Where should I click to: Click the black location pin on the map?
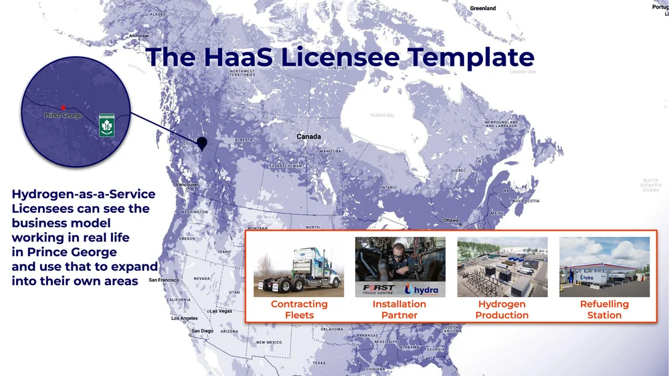click(x=202, y=143)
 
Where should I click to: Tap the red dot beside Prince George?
click(x=62, y=106)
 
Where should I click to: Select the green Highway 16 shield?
click(x=106, y=125)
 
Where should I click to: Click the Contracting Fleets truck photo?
click(x=298, y=267)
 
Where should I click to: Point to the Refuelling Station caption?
click(x=604, y=310)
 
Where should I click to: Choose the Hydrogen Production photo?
click(x=502, y=267)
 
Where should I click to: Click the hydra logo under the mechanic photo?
click(x=423, y=290)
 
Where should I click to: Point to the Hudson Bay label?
click(x=382, y=115)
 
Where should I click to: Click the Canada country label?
click(x=308, y=136)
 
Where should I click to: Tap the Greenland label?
click(x=482, y=8)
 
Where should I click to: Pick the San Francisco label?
click(x=164, y=280)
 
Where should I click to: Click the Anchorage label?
click(x=138, y=35)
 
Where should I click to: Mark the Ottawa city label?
click(x=451, y=220)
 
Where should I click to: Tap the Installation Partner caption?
click(x=399, y=310)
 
